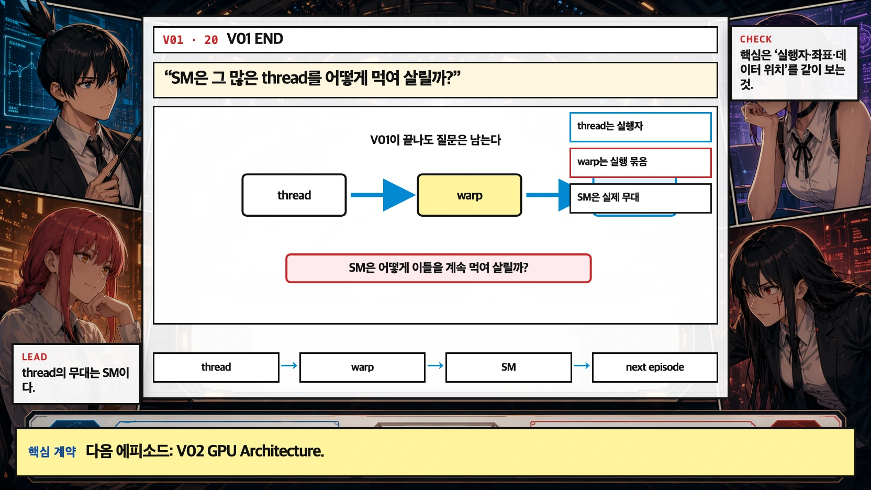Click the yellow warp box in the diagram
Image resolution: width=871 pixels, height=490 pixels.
[469, 195]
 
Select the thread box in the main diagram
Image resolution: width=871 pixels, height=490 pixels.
[294, 195]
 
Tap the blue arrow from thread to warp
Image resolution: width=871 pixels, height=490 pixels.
[382, 195]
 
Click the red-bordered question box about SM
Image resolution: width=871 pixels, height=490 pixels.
[438, 268]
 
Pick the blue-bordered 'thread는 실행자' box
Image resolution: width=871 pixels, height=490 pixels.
[640, 127]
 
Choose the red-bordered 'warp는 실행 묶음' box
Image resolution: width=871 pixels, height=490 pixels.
[640, 162]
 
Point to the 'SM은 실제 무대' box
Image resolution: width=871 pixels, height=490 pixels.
[640, 198]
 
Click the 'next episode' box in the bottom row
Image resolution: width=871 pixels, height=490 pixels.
[654, 367]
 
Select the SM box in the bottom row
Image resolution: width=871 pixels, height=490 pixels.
[508, 367]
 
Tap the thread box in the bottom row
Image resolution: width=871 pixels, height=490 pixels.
[216, 367]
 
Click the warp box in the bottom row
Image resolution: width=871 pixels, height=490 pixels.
[362, 367]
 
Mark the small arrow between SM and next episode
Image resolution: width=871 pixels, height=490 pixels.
[582, 365]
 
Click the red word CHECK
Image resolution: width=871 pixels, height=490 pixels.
[755, 39]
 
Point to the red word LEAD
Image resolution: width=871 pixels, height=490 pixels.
[35, 357]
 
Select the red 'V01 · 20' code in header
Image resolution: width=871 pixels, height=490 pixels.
[190, 40]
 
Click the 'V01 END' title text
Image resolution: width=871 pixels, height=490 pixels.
[255, 39]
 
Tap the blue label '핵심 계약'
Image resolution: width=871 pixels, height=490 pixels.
[52, 451]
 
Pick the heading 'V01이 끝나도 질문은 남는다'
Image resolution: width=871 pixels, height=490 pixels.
[435, 140]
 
